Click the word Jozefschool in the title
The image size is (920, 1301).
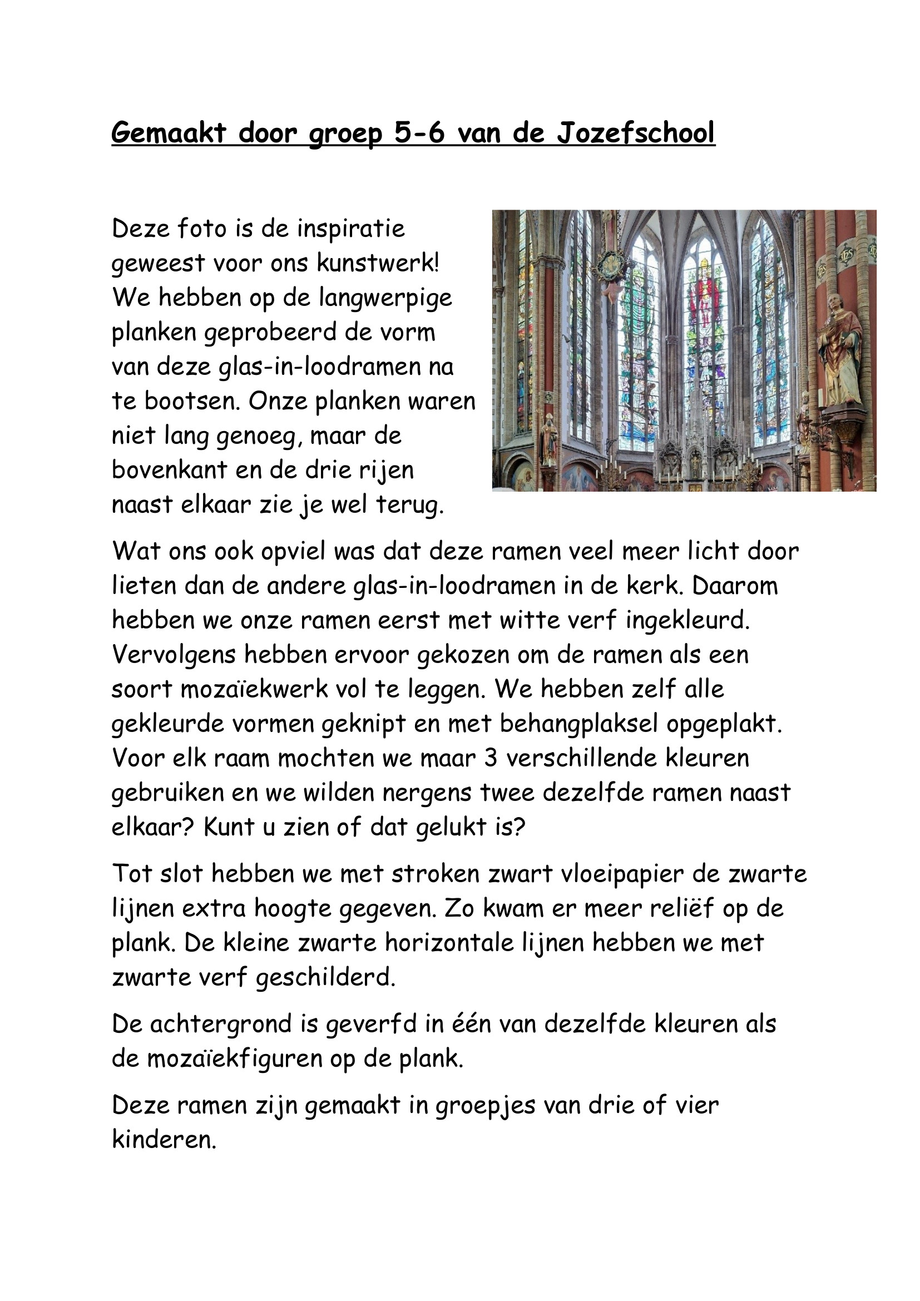(636, 133)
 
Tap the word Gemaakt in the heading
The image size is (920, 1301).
(168, 133)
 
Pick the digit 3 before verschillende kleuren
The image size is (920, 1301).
(491, 759)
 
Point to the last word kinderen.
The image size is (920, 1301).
(164, 1140)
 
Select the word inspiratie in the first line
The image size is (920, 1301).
(351, 229)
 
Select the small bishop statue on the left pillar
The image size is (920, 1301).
(548, 437)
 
